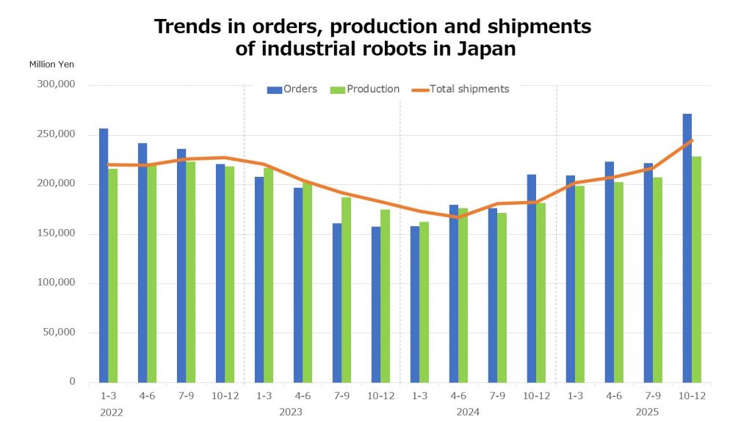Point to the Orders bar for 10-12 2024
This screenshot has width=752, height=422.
click(532, 278)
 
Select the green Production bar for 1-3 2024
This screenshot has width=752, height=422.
click(424, 302)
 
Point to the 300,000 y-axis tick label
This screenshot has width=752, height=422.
click(57, 84)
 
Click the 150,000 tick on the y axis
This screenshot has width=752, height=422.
click(57, 233)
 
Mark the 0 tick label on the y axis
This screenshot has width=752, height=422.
click(72, 382)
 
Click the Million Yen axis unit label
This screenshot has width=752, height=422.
click(51, 64)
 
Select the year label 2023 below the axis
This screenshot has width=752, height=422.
click(291, 412)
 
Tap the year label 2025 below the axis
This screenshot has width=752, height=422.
click(647, 412)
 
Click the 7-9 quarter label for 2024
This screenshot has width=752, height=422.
click(497, 396)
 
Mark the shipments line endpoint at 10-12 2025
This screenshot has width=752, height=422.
click(692, 141)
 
